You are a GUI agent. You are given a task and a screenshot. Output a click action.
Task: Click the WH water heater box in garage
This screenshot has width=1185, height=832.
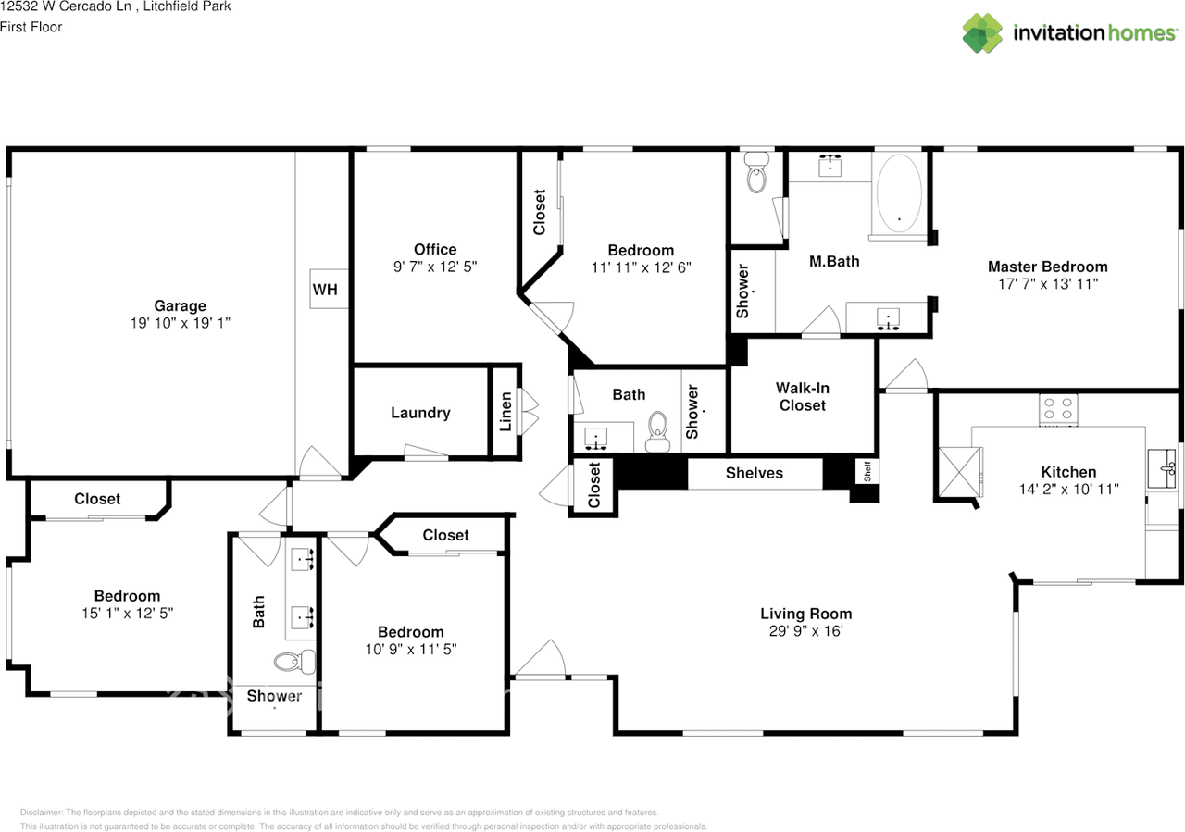tap(325, 290)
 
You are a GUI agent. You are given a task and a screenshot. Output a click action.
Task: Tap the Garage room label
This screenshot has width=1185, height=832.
tap(180, 306)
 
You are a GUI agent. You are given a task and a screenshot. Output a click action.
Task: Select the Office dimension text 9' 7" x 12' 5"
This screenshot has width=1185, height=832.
tap(434, 267)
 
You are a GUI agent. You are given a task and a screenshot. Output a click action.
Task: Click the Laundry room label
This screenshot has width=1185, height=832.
tap(420, 413)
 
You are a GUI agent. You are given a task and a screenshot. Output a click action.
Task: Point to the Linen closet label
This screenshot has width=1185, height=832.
tap(505, 413)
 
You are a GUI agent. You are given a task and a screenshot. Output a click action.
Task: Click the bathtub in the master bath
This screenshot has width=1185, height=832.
tap(898, 192)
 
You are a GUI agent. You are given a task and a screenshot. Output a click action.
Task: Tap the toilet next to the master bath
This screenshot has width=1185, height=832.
tap(757, 172)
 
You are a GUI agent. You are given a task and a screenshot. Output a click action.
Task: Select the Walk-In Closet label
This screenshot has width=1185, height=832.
tap(802, 397)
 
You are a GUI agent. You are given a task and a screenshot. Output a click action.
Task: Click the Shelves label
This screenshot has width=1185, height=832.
tap(754, 473)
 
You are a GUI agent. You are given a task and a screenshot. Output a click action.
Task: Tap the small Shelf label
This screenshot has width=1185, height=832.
tap(867, 472)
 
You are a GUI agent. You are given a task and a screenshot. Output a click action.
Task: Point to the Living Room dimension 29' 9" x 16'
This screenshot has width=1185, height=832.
tap(805, 631)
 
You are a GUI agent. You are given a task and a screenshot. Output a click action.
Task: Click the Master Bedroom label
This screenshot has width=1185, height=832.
tap(1047, 267)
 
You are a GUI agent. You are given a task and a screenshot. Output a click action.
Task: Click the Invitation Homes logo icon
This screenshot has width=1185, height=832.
tap(982, 33)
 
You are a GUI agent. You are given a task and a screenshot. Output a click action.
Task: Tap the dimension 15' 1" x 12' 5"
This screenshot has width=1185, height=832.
tap(127, 613)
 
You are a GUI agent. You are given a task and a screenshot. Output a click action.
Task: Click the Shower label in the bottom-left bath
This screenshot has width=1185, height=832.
tap(274, 696)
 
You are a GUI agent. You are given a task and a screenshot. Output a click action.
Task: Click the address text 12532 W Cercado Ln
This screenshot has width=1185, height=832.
tap(62, 6)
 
